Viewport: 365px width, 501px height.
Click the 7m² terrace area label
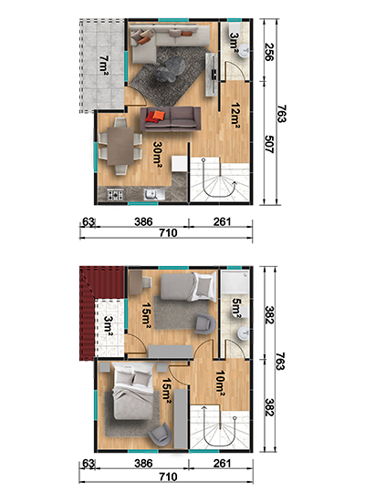[104, 66]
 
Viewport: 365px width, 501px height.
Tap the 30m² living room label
[158, 152]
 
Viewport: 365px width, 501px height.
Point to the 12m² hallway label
[235, 116]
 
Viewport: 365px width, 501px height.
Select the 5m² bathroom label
[236, 308]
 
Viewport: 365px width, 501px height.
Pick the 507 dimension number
[269, 145]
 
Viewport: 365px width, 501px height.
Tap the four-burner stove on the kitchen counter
[115, 194]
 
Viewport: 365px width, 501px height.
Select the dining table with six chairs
[120, 146]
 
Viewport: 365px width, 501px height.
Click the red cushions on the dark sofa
[156, 116]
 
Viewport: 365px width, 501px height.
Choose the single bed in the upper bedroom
[188, 287]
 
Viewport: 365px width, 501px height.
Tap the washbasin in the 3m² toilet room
[245, 51]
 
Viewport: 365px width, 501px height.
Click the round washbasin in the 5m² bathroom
[244, 333]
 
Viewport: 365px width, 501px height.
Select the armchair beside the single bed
[205, 323]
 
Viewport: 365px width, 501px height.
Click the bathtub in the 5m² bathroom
[235, 282]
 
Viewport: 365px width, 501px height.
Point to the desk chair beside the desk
[147, 282]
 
